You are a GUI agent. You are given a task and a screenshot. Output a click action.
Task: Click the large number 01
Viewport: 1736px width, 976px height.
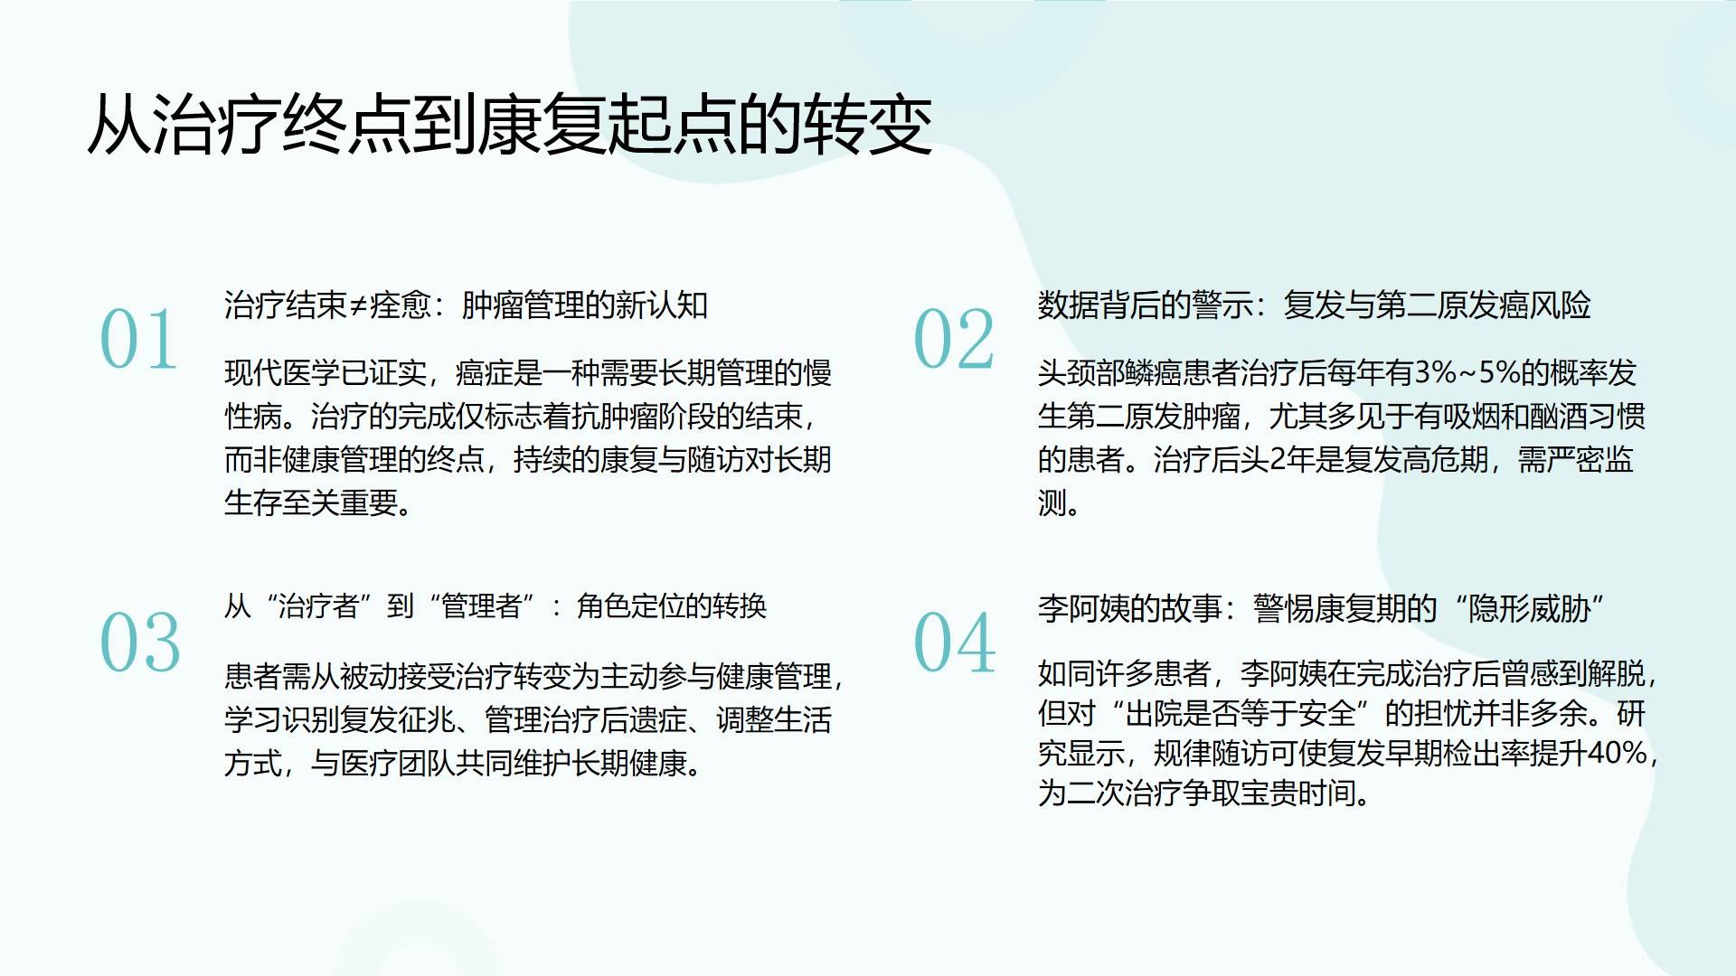pyautogui.click(x=138, y=340)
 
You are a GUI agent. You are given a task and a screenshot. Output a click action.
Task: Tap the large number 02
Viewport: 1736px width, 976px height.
pyautogui.click(x=954, y=340)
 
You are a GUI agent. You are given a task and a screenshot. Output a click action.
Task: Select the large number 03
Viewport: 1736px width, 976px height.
pyautogui.click(x=140, y=643)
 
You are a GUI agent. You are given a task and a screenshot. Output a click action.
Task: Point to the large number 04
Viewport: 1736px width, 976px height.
pyautogui.click(x=955, y=643)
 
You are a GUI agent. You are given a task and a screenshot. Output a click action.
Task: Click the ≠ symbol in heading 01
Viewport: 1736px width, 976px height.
pyautogui.click(x=358, y=305)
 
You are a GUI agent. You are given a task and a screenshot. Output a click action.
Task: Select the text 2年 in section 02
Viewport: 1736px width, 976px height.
pyautogui.click(x=1291, y=460)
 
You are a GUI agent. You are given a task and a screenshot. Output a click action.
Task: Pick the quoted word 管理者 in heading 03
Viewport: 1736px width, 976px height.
pyautogui.click(x=482, y=605)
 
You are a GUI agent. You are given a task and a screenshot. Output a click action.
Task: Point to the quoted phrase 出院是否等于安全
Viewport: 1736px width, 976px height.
pyautogui.click(x=1241, y=713)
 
